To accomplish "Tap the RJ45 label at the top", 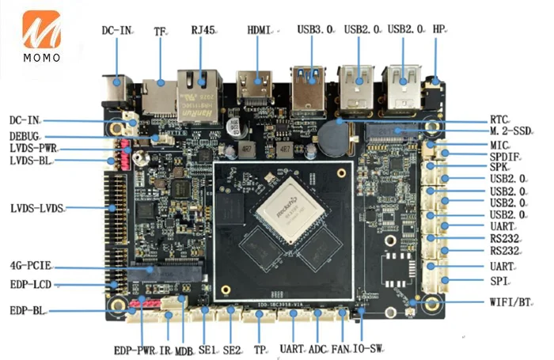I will point(203,30).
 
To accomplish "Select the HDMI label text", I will point(259,30).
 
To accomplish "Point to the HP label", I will point(439,29).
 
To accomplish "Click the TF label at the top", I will point(159,31).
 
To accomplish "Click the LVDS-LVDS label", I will point(36,208).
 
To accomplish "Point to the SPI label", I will point(498,281).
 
